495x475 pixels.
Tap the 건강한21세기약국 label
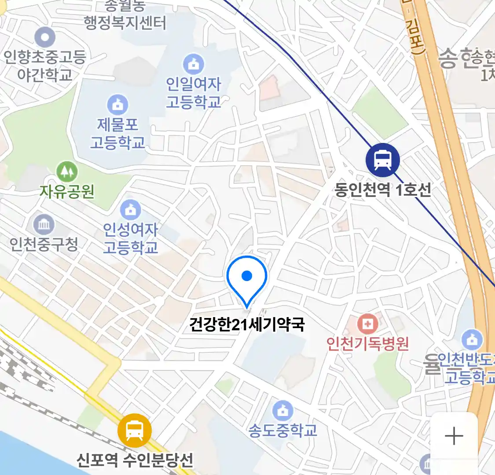click(x=247, y=325)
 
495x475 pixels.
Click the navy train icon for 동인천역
click(x=383, y=160)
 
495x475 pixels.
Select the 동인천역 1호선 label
click(x=383, y=190)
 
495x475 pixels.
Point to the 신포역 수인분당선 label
click(x=135, y=460)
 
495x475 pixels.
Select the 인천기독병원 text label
click(x=367, y=343)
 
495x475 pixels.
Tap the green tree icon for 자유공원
click(x=67, y=172)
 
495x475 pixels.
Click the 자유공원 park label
click(x=67, y=191)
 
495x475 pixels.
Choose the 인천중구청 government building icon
click(x=44, y=225)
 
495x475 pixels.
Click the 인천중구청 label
click(x=44, y=244)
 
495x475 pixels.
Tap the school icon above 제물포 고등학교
click(x=117, y=105)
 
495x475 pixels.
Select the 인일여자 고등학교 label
click(x=193, y=93)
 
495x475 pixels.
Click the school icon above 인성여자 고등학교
click(x=130, y=210)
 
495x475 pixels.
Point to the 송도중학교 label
click(x=282, y=430)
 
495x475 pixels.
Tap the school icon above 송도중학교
click(x=282, y=410)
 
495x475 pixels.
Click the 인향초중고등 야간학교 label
click(x=44, y=65)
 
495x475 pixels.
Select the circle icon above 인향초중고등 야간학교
click(x=45, y=37)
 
